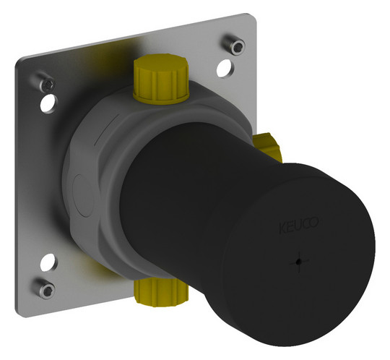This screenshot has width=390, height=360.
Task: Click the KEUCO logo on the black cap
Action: click(x=298, y=225)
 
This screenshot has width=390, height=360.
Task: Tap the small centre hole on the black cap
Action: click(x=299, y=262)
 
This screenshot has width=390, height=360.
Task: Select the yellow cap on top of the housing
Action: click(x=161, y=79)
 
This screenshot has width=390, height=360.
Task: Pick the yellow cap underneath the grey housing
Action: click(x=160, y=293)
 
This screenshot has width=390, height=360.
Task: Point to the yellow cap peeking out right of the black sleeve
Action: click(x=269, y=147)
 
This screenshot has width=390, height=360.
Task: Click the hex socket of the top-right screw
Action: click(x=239, y=46)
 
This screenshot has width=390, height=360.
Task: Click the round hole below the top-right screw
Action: click(x=225, y=69)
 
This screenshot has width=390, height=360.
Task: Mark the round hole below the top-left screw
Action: click(x=49, y=103)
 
